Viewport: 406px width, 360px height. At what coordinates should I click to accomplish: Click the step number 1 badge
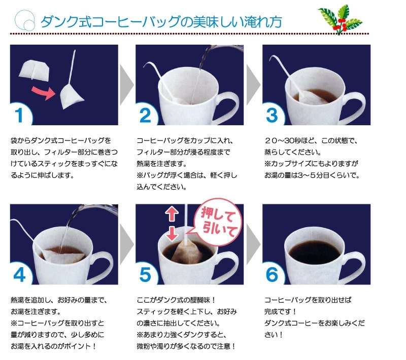pos(20,115)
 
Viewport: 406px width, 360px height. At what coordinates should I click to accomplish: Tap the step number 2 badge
pos(146,115)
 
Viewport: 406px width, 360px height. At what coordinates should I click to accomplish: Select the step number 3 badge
pos(273,115)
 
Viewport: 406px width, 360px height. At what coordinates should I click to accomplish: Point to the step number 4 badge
pos(20,274)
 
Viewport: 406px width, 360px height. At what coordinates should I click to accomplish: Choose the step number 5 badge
pos(146,274)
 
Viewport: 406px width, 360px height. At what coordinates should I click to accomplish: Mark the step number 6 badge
pos(273,274)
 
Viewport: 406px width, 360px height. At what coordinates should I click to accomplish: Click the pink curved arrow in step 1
pos(44,93)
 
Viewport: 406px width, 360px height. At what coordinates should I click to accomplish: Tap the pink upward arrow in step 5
pos(172,214)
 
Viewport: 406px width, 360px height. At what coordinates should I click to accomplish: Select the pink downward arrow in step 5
pos(172,233)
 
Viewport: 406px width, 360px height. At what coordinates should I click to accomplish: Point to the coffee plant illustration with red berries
pos(340,20)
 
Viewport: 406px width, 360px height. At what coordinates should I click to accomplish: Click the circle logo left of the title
pos(25,20)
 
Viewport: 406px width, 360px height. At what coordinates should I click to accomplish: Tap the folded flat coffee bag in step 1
pos(33,70)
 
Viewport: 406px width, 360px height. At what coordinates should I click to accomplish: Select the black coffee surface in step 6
pos(314,252)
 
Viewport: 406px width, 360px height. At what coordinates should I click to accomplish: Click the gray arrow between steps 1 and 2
pos(126,85)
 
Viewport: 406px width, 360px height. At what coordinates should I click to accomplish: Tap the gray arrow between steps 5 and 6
pos(253,244)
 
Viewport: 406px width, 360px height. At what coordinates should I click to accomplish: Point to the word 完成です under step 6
pos(278,311)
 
